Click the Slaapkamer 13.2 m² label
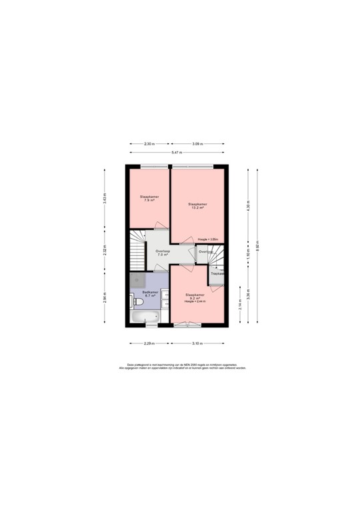tap(197, 205)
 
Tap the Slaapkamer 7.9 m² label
tap(149, 199)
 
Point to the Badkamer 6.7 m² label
tap(149, 293)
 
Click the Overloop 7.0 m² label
tap(163, 253)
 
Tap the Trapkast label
tap(217, 273)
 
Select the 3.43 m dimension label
tap(105, 199)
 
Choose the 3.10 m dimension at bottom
tap(197, 343)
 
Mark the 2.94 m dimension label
tap(105, 297)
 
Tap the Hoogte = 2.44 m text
tap(195, 302)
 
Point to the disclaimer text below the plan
tap(181, 366)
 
